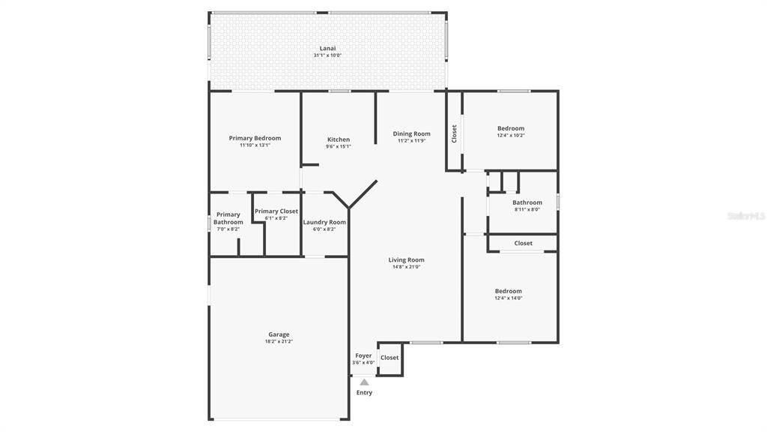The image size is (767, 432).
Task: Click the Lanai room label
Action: [327, 48]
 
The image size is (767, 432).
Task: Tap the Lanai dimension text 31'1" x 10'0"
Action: [327, 55]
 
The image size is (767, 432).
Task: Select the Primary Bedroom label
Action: [255, 138]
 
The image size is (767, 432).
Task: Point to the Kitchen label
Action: [339, 139]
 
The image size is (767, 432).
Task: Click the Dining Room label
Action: [412, 134]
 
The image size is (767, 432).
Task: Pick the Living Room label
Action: [407, 260]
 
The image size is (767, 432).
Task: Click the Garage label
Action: [279, 334]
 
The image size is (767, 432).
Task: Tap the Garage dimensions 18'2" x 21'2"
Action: [279, 341]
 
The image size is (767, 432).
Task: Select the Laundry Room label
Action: [324, 222]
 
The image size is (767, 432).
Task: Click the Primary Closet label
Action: [276, 211]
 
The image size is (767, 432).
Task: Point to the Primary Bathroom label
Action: [228, 218]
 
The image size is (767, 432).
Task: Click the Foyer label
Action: [363, 355]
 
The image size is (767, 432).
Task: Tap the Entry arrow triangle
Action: [364, 382]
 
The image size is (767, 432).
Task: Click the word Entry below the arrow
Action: [364, 392]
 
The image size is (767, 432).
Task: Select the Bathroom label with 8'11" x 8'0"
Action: [527, 202]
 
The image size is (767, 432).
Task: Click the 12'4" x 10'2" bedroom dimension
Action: [511, 136]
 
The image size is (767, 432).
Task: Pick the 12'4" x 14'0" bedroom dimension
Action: [509, 298]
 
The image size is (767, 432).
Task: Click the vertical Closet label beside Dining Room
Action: [454, 133]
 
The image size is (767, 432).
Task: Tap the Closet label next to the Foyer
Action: [389, 358]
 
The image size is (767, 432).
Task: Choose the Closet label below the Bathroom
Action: [524, 243]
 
